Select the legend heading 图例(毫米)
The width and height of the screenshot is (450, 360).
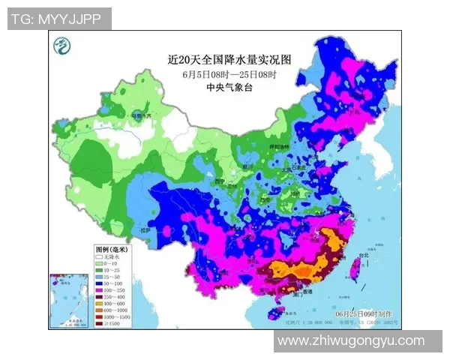coord(112,248)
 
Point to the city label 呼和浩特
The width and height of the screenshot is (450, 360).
coord(279,147)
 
